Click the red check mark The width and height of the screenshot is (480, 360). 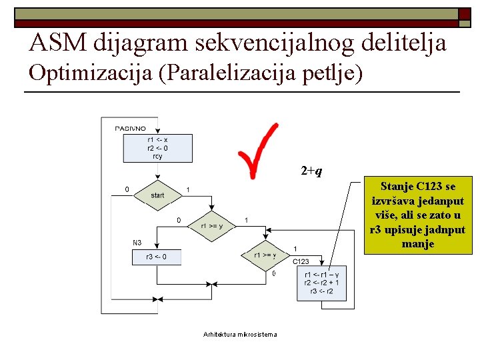pos(256,151)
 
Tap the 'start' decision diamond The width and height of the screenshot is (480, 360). pos(157,195)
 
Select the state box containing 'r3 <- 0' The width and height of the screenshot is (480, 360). pos(157,257)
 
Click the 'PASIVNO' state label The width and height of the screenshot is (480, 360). pos(131,127)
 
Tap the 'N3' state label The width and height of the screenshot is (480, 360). pos(137,242)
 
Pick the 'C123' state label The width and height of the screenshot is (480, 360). pos(301,261)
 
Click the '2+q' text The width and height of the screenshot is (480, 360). pos(311,171)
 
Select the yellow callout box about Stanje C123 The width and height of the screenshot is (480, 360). pos(418,216)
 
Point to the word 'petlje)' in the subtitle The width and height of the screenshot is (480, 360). pos(329,73)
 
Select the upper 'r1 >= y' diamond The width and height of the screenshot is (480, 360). pos(212,225)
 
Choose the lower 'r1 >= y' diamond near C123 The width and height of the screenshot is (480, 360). pos(265,255)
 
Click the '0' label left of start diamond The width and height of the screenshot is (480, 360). pos(127,189)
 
